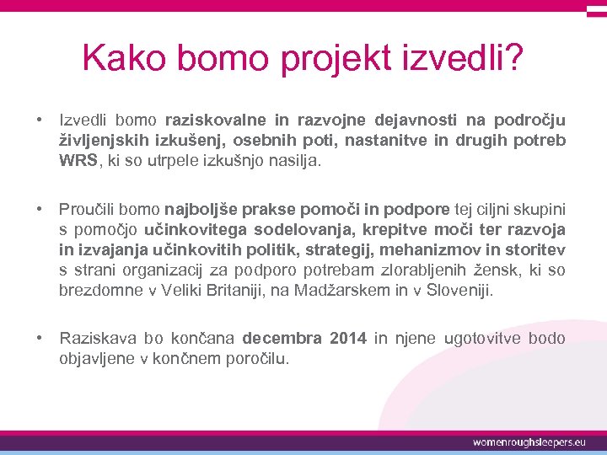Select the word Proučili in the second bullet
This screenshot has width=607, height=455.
(x=88, y=209)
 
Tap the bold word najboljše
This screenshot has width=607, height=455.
(x=202, y=209)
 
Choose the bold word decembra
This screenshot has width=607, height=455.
(x=282, y=339)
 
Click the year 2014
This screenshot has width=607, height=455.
(x=348, y=339)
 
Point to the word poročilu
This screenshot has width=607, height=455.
(x=254, y=359)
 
